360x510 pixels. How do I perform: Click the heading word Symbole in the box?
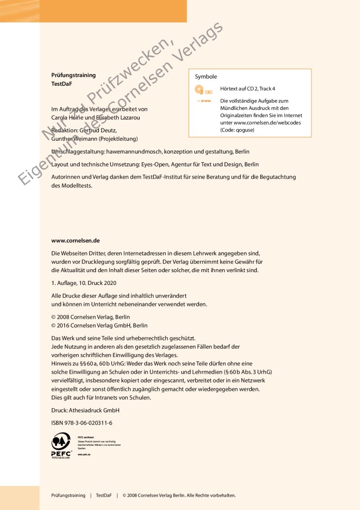[206, 77]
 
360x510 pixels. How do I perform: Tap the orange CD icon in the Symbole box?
[200, 90]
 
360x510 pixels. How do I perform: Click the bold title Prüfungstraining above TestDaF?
[74, 75]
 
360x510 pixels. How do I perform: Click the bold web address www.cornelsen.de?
[76, 241]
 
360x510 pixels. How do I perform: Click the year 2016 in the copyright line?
[64, 325]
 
